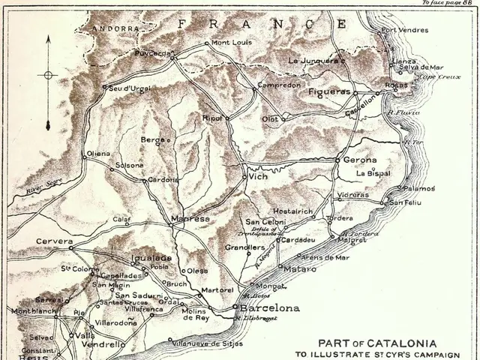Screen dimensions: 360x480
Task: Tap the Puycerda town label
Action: coord(153,53)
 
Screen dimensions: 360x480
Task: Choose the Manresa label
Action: coord(190,218)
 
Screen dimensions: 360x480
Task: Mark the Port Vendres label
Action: coord(405,31)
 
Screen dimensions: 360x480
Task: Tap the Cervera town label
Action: coord(54,241)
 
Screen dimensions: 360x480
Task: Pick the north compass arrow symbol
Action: coord(48,75)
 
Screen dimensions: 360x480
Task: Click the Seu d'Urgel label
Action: coord(130,88)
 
